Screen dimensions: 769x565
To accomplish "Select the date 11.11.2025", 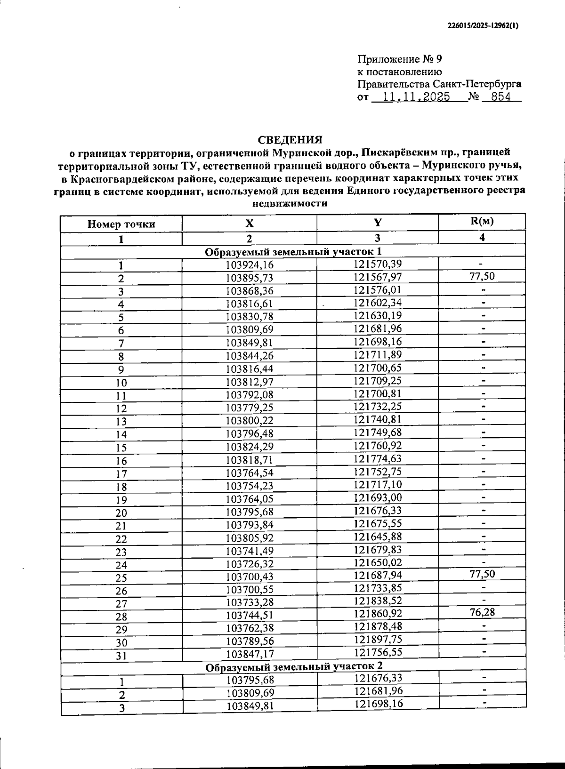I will tap(416, 97).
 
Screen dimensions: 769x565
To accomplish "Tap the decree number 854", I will tap(500, 97).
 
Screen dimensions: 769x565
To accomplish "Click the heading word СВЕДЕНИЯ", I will tap(290, 140).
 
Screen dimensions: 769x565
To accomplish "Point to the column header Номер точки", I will tap(121, 224).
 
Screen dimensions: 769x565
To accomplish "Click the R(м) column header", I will tap(482, 221).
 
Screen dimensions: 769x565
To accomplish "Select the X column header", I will tap(249, 224).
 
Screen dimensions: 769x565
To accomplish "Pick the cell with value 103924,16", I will tap(250, 265).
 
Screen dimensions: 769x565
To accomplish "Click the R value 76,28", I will tap(482, 612).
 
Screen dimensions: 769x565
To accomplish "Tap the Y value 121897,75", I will tap(378, 639).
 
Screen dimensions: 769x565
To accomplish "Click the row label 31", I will tap(121, 655).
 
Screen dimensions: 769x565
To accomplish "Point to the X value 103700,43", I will tap(250, 577).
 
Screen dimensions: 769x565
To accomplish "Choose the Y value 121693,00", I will tap(378, 498).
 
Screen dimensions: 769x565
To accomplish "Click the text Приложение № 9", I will tap(400, 59).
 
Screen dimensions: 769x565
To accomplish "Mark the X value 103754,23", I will tap(250, 486).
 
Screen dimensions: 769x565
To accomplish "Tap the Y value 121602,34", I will tap(378, 302).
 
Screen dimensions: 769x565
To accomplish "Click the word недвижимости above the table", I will tap(290, 204).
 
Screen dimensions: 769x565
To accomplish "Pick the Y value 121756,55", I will tap(378, 652).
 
